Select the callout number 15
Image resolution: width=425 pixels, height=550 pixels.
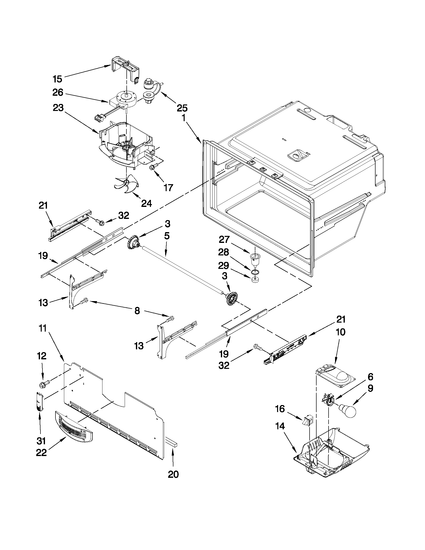57,79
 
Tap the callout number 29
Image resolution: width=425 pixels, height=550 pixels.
224,265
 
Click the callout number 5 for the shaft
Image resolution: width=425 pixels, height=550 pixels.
167,236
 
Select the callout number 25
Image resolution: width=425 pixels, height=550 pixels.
182,108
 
